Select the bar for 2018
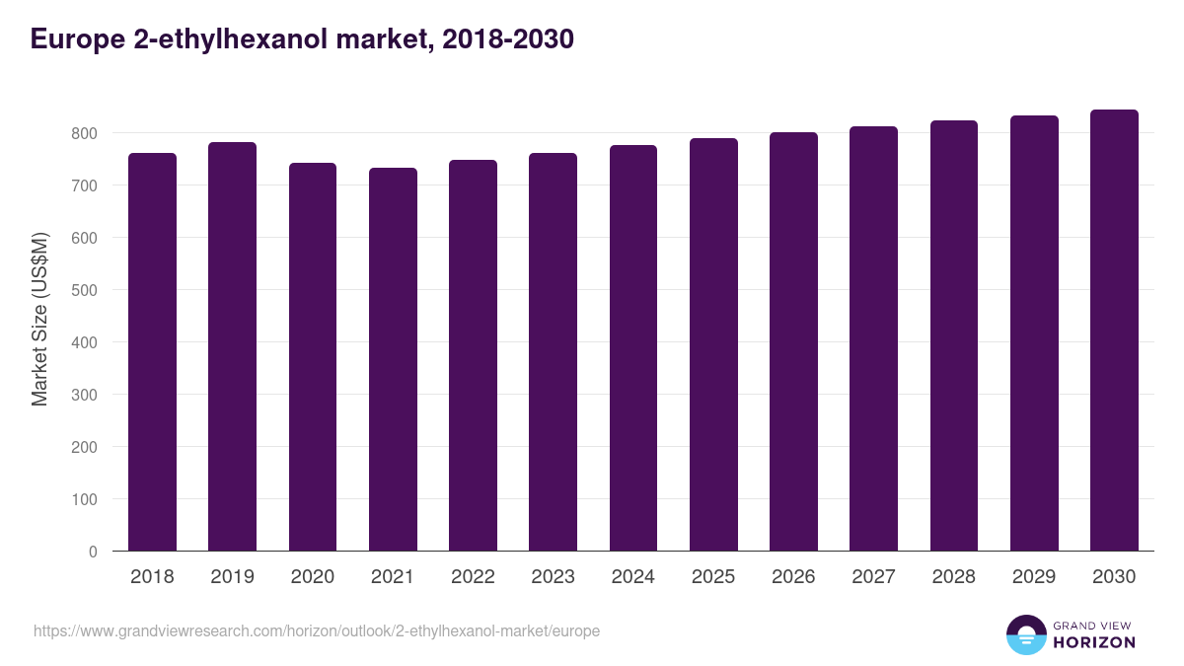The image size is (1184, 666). pyautogui.click(x=152, y=352)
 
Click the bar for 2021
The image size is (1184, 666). pyautogui.click(x=393, y=360)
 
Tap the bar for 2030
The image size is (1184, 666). pyautogui.click(x=1114, y=331)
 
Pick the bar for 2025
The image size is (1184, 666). pyautogui.click(x=713, y=345)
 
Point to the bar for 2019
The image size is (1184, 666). pyautogui.click(x=232, y=347)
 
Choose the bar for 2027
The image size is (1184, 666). pyautogui.click(x=873, y=339)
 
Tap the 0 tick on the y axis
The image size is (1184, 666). pyautogui.click(x=93, y=552)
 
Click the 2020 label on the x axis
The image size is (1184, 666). pyautogui.click(x=313, y=577)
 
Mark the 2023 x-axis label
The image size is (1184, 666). pyautogui.click(x=553, y=577)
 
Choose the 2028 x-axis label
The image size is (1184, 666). pyautogui.click(x=954, y=577)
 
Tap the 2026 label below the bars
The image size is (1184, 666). pyautogui.click(x=793, y=577)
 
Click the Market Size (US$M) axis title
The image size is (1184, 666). pyautogui.click(x=39, y=319)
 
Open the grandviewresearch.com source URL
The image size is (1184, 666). pyautogui.click(x=317, y=630)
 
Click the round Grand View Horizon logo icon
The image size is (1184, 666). pyautogui.click(x=1025, y=634)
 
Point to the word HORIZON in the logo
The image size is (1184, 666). pyautogui.click(x=1095, y=642)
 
